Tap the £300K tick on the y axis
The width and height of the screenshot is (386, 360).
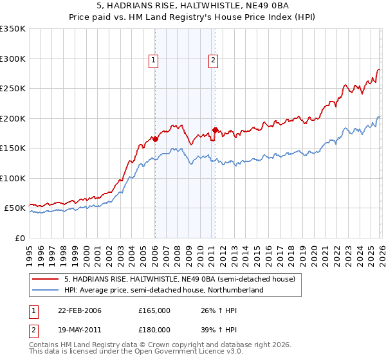click(x=13, y=59)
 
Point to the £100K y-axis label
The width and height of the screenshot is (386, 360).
click(x=13, y=178)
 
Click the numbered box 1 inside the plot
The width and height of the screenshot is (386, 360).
click(x=154, y=61)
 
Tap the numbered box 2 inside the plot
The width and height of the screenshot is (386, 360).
click(x=213, y=61)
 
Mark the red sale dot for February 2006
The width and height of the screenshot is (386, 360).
click(x=156, y=139)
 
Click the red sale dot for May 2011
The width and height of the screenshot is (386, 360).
click(x=215, y=130)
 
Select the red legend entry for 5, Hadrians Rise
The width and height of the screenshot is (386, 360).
click(x=179, y=279)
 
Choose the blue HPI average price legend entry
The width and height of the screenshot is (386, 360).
click(x=164, y=291)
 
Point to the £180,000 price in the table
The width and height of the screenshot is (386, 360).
click(x=154, y=330)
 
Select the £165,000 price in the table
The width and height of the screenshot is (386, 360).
click(x=154, y=310)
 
